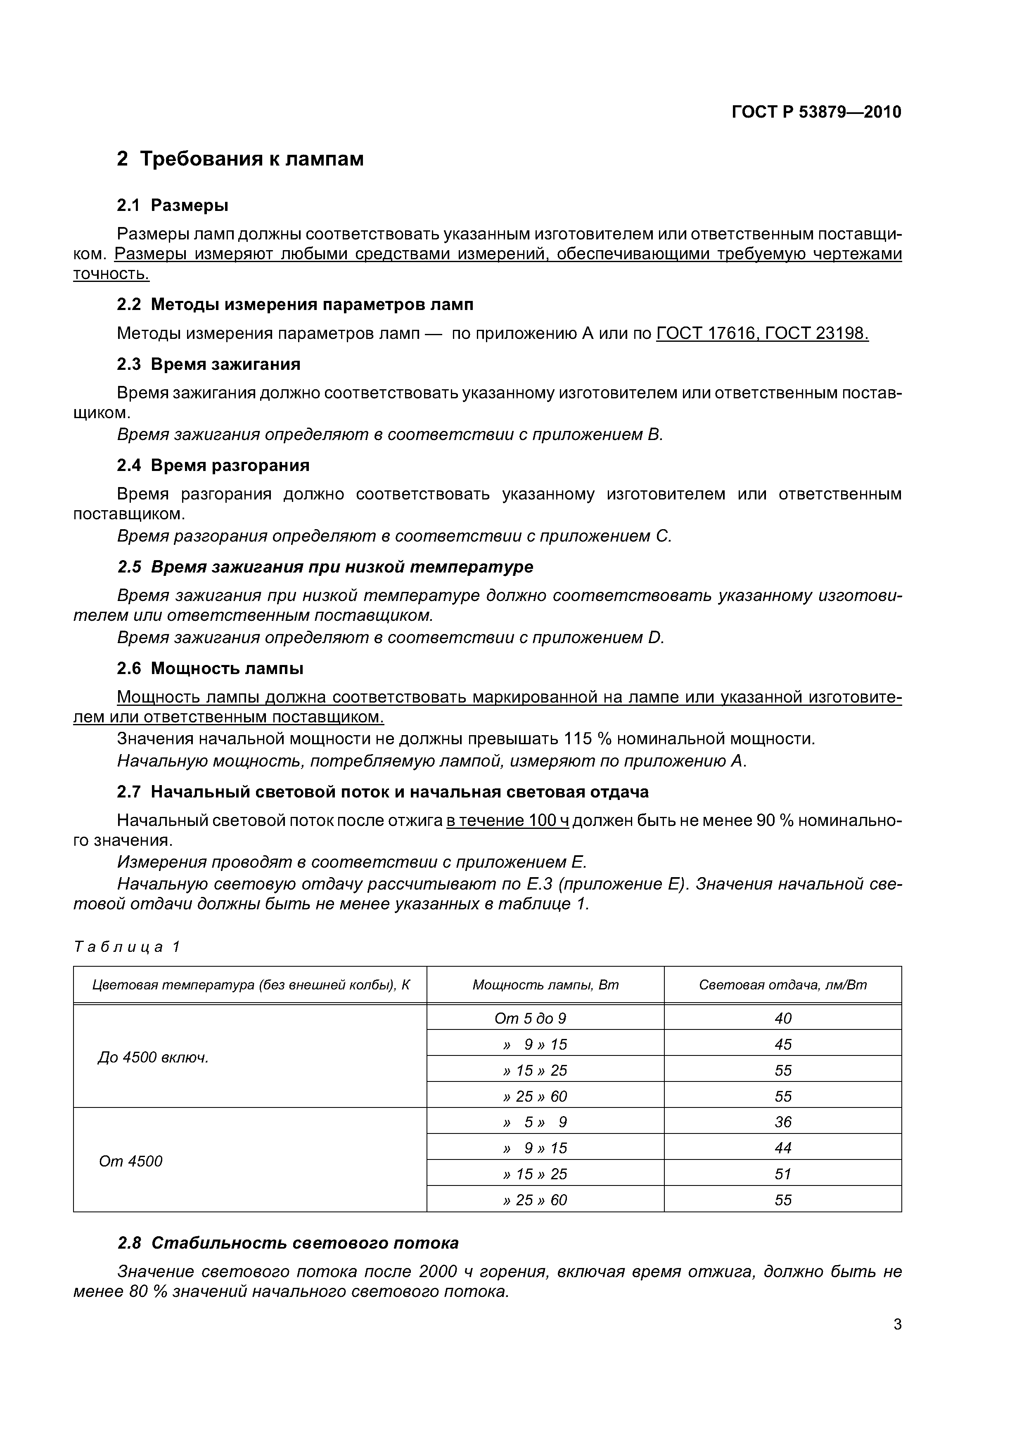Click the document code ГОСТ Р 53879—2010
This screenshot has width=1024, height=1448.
816,112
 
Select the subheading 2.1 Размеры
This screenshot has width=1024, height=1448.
172,206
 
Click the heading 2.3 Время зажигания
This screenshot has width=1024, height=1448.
208,364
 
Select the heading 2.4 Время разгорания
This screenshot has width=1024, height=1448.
213,466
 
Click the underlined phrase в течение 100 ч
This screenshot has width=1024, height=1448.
507,821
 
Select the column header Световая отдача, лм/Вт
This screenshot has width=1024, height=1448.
782,985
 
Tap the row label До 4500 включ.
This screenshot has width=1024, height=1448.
153,1058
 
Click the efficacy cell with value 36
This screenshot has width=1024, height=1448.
782,1122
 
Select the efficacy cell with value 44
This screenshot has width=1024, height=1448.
782,1148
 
